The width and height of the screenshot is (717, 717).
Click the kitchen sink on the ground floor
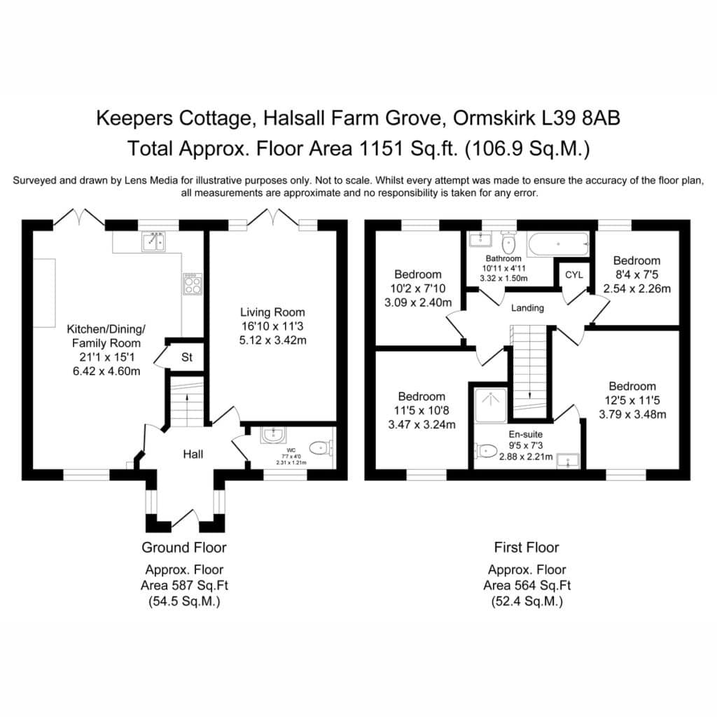click(x=153, y=242)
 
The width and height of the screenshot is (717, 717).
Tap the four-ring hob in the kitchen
click(x=193, y=284)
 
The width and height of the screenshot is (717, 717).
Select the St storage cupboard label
click(x=186, y=357)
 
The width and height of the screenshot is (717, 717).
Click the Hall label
click(x=193, y=454)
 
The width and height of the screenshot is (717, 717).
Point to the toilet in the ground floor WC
click(x=321, y=447)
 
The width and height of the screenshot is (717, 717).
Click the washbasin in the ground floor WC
click(x=274, y=435)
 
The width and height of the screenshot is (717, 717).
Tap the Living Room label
click(x=272, y=312)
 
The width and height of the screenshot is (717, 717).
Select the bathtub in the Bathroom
click(x=558, y=244)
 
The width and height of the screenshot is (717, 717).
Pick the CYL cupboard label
click(x=574, y=274)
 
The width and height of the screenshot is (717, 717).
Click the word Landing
click(x=527, y=308)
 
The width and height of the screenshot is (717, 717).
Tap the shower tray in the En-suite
click(x=491, y=405)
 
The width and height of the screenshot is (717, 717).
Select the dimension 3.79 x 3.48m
click(x=632, y=415)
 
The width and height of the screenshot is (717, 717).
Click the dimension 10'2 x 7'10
click(x=418, y=288)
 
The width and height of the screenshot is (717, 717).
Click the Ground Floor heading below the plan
click(x=184, y=548)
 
